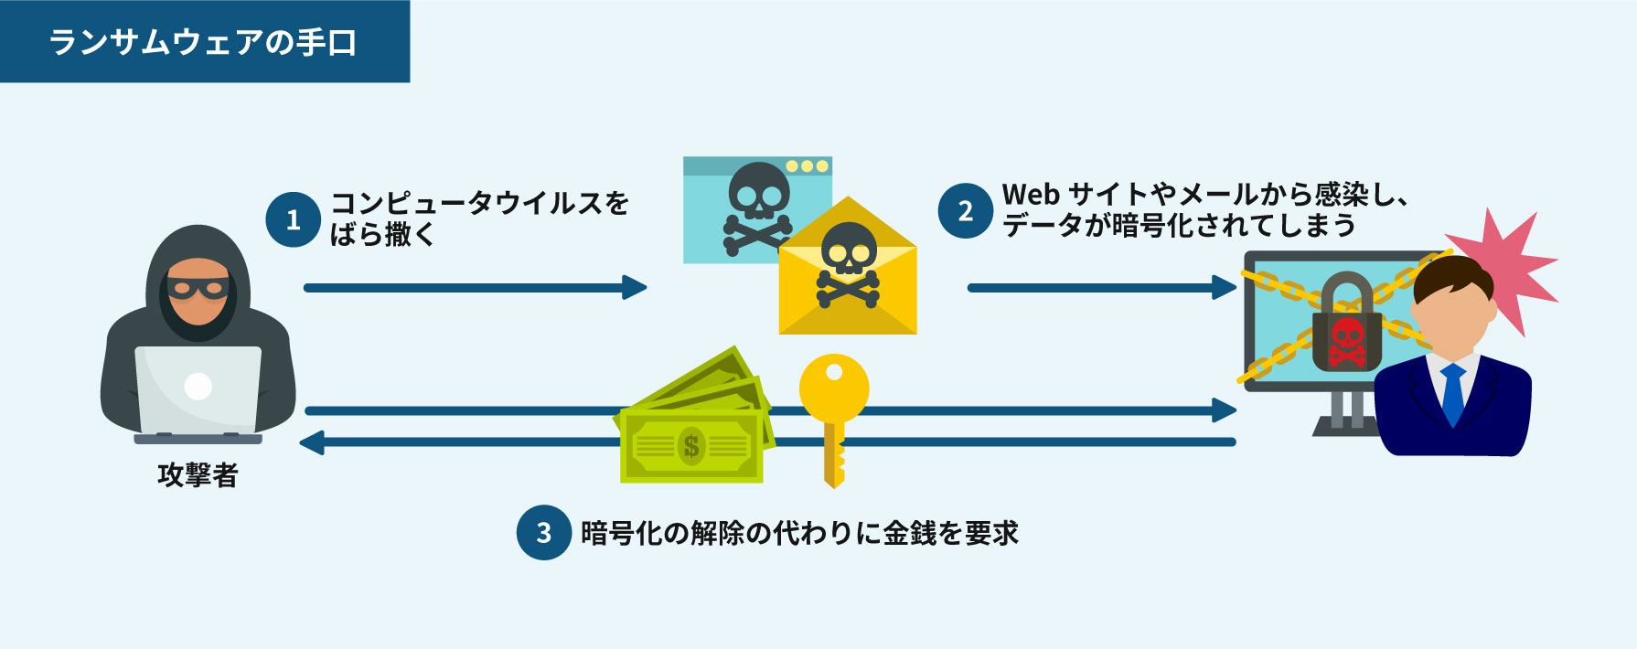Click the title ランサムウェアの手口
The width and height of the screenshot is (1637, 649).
(203, 42)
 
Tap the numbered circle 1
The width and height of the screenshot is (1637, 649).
(293, 219)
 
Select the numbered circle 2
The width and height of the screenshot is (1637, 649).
(965, 211)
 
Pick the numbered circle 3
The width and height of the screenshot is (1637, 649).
(543, 532)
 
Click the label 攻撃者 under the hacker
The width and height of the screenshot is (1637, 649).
(198, 475)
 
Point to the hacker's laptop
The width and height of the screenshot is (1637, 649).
(198, 389)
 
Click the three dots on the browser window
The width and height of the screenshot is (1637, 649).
(807, 166)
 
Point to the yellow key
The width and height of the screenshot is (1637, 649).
(833, 411)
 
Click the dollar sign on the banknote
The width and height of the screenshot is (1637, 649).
(691, 446)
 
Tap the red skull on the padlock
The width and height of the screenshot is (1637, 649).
(1346, 340)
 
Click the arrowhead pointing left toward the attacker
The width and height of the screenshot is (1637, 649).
(313, 442)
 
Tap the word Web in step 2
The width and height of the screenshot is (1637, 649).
(1031, 195)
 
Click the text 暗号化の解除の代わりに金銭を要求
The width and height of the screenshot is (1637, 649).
(799, 533)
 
